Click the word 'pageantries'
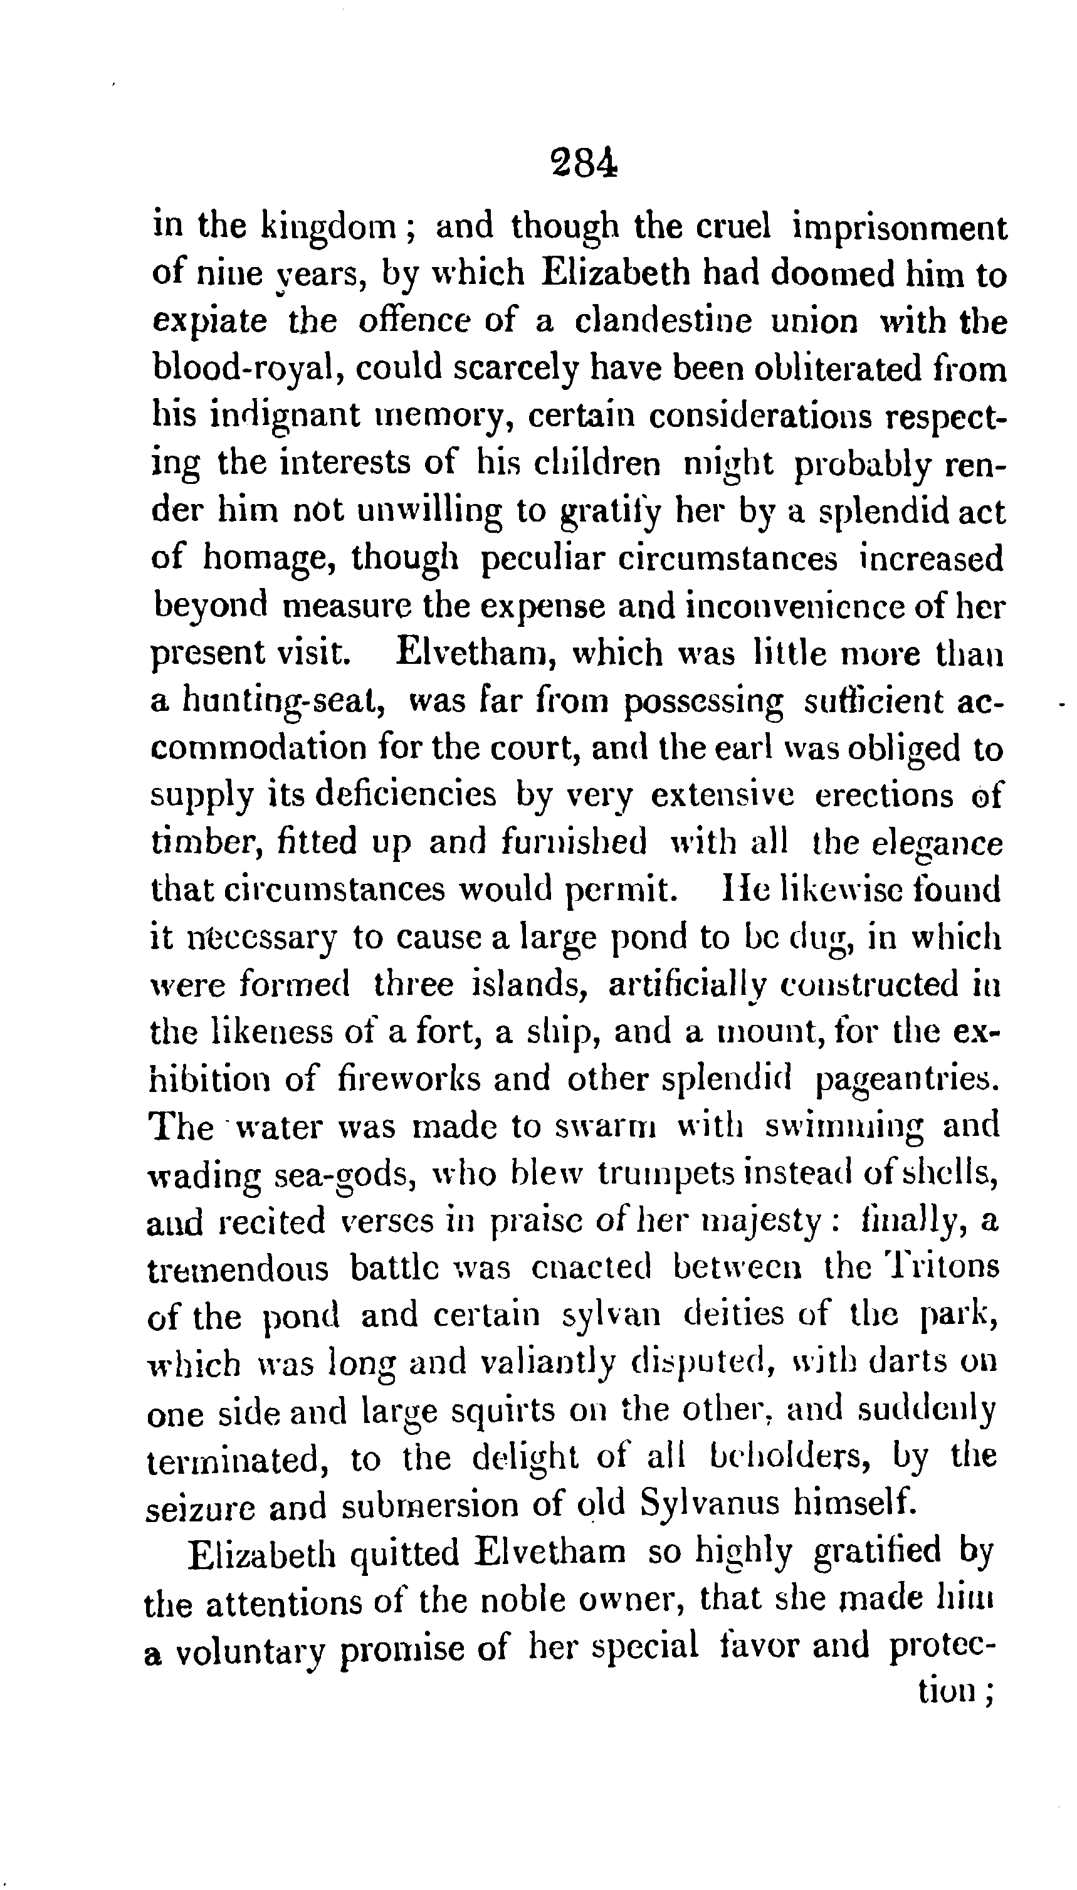(906, 1082)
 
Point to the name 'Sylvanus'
(710, 1506)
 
